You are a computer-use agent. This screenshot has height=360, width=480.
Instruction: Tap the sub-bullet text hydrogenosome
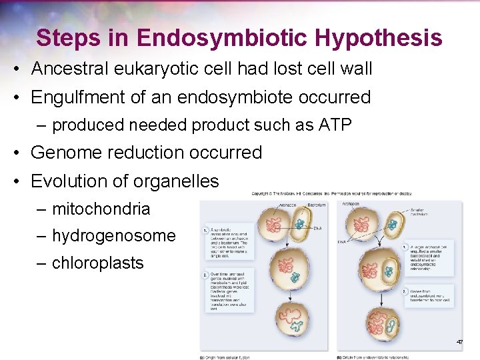tap(114, 235)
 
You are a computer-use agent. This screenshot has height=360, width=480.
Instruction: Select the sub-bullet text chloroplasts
tap(98, 263)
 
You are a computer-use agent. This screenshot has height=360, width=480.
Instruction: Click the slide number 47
tap(459, 342)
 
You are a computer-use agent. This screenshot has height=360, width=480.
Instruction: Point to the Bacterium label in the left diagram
tap(316, 205)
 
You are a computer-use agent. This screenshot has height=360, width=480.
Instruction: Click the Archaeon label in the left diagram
tap(285, 205)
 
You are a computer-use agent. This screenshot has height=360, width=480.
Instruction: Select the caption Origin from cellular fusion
tap(227, 357)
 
